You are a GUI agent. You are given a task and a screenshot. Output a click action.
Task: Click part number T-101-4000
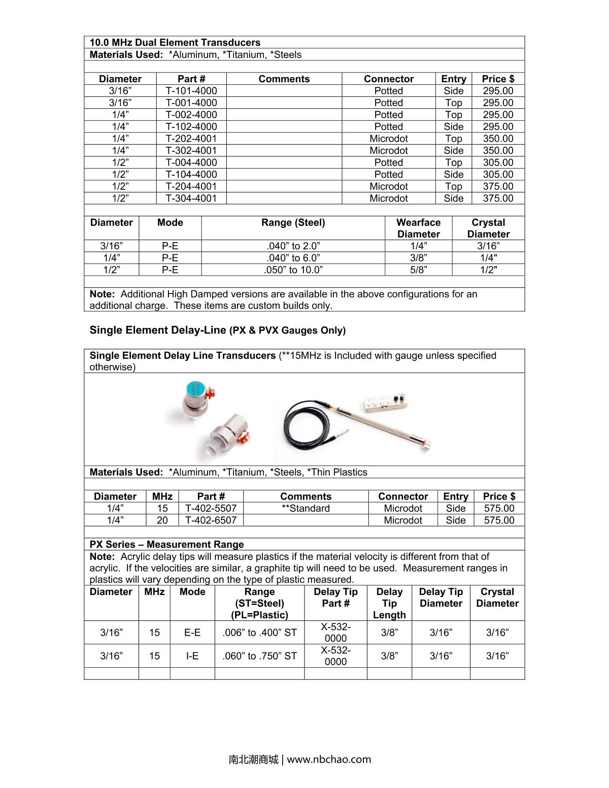point(191,91)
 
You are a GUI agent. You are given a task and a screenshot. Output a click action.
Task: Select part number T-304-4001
point(191,199)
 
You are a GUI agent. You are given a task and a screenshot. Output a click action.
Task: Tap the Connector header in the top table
point(388,79)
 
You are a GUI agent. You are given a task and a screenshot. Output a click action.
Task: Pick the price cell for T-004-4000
point(498,162)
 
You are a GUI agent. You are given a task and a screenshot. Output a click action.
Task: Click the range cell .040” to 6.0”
point(293,258)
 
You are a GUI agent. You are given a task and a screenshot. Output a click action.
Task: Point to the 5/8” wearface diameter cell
point(418,270)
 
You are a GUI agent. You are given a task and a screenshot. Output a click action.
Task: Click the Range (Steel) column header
point(293,222)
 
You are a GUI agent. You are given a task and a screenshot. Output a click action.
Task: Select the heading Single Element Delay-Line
point(158,330)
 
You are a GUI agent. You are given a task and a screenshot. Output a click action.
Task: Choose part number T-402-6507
point(211,520)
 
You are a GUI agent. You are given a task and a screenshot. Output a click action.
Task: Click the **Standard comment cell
point(306,508)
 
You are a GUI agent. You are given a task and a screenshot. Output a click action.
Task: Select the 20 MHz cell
point(162,520)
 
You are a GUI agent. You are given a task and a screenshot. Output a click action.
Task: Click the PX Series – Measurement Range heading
point(166,544)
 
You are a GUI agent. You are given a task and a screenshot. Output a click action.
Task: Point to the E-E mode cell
point(192,633)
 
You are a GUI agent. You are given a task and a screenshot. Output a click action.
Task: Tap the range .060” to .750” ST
point(259,656)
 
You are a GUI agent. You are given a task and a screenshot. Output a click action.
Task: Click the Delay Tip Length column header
point(389,603)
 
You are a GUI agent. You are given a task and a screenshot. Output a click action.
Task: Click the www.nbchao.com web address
point(329,760)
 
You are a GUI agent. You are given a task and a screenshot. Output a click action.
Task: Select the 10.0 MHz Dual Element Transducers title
point(175,43)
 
